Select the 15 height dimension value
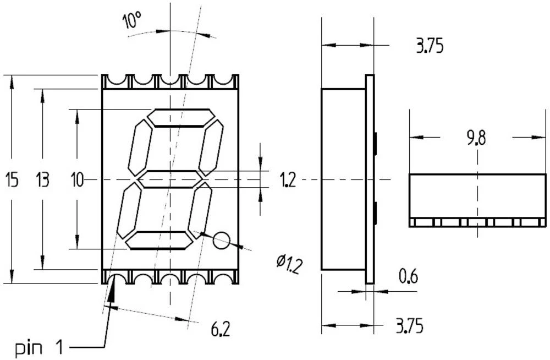12,179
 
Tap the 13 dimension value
43,179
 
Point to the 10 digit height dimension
77,179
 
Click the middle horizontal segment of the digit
170,179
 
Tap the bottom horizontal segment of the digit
160,240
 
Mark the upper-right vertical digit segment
211,147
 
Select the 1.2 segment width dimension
287,180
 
